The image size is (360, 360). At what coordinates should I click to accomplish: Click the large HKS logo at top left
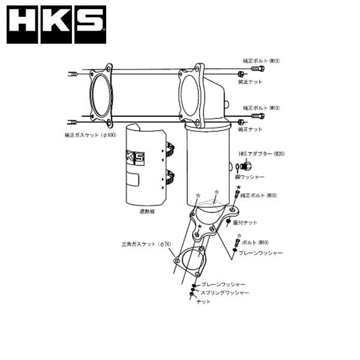[x=56, y=25]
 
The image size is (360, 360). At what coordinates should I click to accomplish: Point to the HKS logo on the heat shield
[x=135, y=157]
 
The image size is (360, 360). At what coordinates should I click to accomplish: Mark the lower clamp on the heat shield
[x=171, y=177]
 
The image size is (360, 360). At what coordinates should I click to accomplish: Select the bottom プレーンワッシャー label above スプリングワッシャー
[x=223, y=283]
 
